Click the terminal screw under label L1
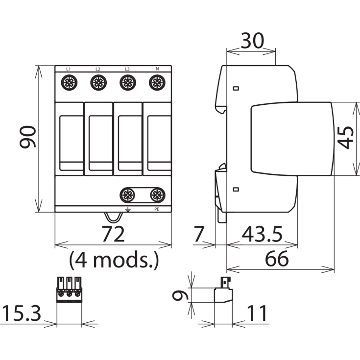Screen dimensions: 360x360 [x=69, y=82]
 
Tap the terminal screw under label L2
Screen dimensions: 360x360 [x=98, y=82]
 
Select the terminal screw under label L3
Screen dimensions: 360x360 [x=128, y=82]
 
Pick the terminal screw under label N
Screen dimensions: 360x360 [x=157, y=82]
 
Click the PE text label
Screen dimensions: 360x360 [x=157, y=209]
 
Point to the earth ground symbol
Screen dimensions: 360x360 [x=128, y=209]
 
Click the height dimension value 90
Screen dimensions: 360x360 [x=28, y=137]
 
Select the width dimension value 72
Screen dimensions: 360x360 [x=113, y=234]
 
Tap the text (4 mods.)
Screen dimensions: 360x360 [x=114, y=260]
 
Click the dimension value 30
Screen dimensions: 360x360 [x=252, y=41]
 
